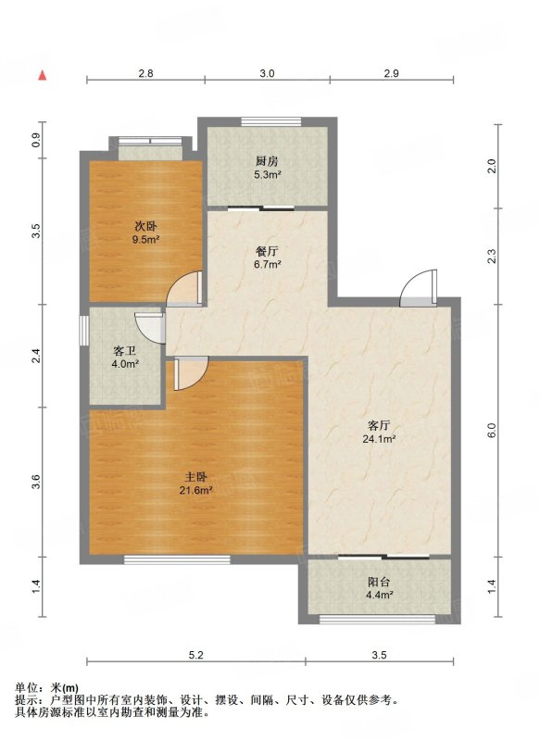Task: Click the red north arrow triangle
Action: [43, 75]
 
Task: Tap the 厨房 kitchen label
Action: [267, 161]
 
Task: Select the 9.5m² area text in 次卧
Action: [146, 240]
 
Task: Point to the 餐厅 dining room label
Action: [267, 251]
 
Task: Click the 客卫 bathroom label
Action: [125, 351]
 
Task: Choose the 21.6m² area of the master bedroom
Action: [195, 491]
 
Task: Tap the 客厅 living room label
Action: [379, 425]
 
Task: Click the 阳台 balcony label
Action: [379, 583]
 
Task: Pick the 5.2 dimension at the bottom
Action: [195, 655]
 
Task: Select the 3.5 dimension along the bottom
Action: [379, 655]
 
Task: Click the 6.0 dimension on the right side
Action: [492, 430]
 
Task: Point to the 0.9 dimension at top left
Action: [37, 140]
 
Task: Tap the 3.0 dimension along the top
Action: [267, 73]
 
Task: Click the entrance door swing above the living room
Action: [419, 288]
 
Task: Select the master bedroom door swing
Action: [192, 373]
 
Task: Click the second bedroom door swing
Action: [185, 288]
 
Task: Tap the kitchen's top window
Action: [270, 121]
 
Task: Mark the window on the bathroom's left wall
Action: [83, 330]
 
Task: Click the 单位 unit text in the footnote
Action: [25, 688]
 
